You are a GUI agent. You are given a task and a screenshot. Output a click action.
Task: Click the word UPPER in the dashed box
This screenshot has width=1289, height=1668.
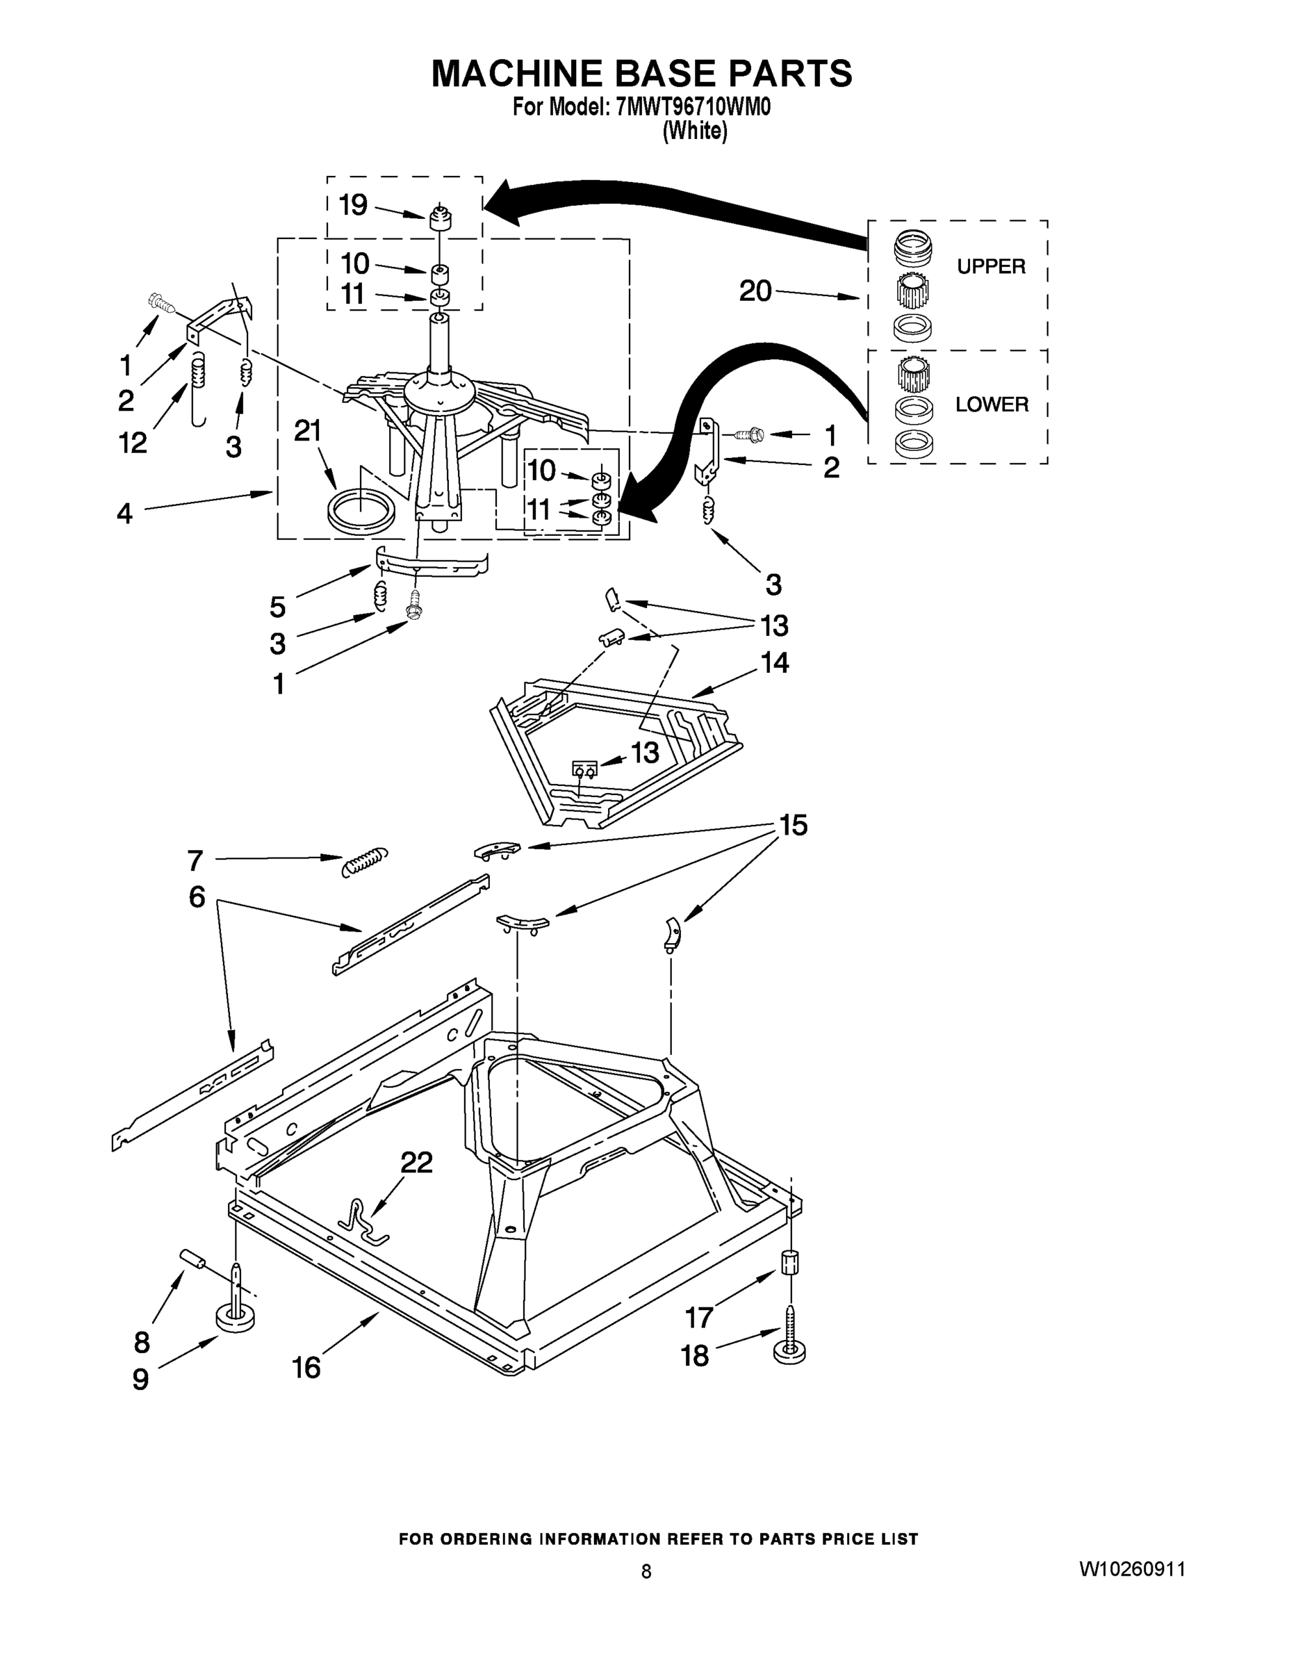(x=990, y=267)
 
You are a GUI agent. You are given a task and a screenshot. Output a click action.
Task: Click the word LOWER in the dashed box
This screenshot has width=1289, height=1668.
(x=991, y=404)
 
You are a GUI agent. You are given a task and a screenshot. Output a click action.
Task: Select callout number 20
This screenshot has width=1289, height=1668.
(x=755, y=291)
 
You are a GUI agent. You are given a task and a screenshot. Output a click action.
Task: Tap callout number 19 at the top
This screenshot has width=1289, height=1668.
(x=353, y=205)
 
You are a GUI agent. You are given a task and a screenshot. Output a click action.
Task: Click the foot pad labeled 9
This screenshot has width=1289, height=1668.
(x=236, y=1319)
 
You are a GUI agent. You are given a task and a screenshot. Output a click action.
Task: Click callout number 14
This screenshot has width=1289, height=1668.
(x=774, y=662)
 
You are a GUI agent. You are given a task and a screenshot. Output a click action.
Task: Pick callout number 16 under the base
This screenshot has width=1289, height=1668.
(x=306, y=1367)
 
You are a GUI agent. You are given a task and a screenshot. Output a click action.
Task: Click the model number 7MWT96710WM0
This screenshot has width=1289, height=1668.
(x=692, y=107)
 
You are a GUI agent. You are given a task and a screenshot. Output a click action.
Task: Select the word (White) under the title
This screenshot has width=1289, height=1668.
(x=694, y=131)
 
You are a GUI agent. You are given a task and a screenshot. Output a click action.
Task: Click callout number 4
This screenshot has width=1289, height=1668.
(x=124, y=513)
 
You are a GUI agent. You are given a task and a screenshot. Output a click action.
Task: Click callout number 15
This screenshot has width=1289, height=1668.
(x=793, y=826)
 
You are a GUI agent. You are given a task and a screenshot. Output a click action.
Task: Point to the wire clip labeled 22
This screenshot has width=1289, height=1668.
(x=362, y=1221)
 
